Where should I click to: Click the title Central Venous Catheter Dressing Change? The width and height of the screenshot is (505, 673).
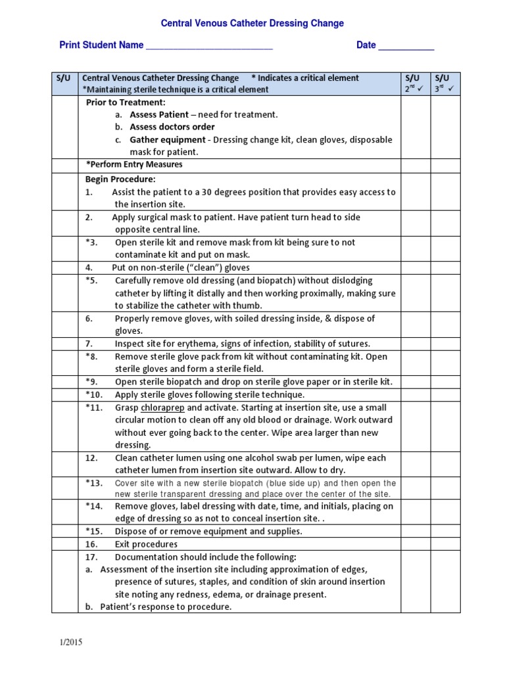[252, 24]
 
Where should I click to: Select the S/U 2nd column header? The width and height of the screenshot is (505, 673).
[415, 83]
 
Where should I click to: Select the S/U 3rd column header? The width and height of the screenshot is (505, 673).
[445, 83]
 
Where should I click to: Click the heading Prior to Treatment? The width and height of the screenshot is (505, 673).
[126, 103]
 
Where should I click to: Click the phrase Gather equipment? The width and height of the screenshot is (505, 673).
[167, 139]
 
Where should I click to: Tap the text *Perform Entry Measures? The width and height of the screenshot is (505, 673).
[134, 164]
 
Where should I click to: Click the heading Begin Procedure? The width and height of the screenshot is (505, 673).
[120, 179]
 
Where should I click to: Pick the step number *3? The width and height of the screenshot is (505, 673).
[91, 243]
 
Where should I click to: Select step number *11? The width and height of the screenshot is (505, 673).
[94, 407]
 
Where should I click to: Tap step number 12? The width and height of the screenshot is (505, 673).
[91, 458]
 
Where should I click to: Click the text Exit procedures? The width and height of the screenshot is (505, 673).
[146, 544]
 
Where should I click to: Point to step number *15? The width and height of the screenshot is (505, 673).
[94, 531]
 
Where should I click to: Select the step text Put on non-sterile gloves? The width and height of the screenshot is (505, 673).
[181, 267]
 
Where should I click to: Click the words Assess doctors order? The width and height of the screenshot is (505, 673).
[172, 127]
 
